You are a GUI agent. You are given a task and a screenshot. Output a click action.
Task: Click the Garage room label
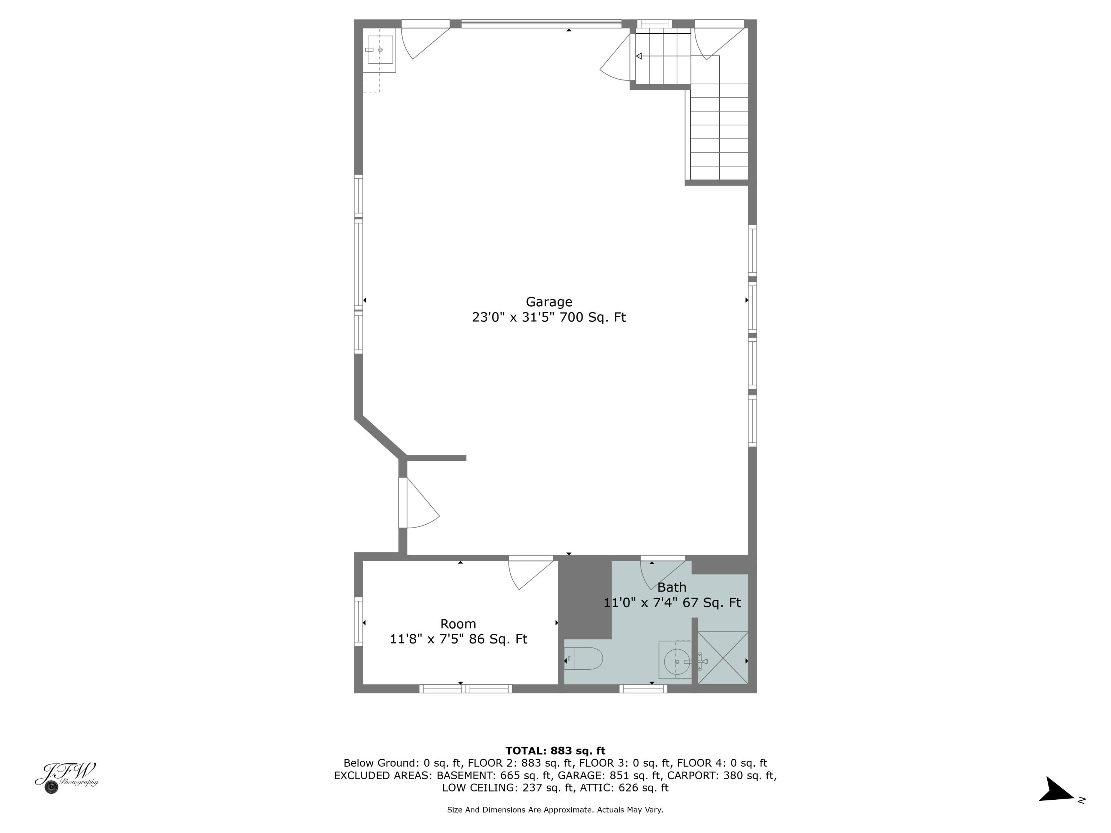pos(548,302)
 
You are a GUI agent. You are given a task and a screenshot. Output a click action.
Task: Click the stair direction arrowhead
pos(639,56)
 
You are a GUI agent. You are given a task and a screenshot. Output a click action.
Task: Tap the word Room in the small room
pos(458,623)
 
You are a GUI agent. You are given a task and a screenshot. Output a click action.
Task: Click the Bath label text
pos(671,587)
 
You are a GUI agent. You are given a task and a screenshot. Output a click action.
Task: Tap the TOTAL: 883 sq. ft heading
pos(555,751)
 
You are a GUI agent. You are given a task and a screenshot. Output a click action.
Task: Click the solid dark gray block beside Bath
pos(585,598)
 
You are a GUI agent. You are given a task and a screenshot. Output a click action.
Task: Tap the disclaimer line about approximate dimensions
pos(555,809)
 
